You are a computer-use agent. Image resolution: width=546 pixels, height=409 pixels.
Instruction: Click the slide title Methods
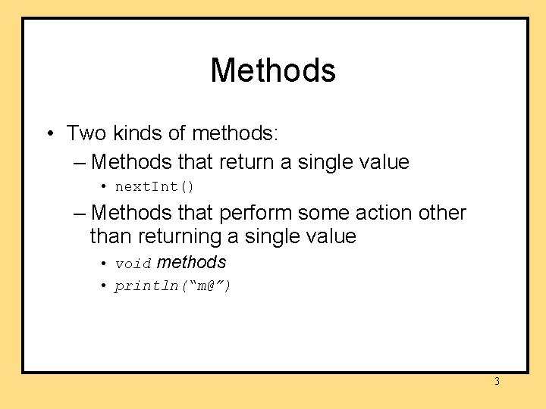[x=273, y=70]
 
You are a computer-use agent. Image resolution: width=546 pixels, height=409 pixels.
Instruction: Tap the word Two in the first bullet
[x=86, y=134]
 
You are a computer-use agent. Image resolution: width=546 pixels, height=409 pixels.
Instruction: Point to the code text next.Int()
[x=155, y=186]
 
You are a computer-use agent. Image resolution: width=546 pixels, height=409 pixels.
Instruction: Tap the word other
[x=441, y=214]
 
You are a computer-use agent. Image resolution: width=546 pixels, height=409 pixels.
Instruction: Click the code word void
[x=133, y=264]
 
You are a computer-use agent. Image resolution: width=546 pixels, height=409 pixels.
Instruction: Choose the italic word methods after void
[x=192, y=262]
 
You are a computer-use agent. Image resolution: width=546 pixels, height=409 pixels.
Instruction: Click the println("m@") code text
[x=173, y=286]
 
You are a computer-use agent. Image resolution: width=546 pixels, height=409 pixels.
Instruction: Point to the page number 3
[x=497, y=382]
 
